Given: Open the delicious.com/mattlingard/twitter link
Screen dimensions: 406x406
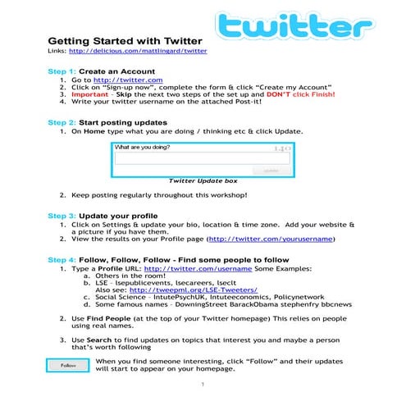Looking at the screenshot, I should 139,53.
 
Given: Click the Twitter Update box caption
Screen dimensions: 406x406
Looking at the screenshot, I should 203,180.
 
